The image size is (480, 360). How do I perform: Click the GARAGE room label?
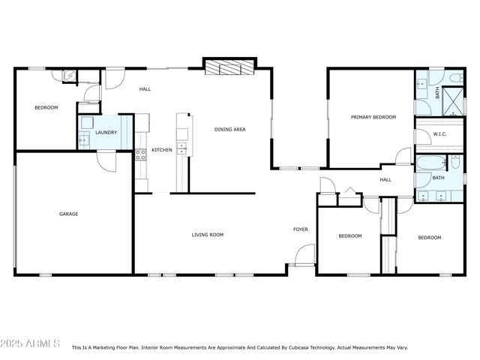pos(69,214)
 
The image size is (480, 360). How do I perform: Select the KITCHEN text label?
pos(162,150)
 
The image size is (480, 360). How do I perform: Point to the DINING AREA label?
pos(230,129)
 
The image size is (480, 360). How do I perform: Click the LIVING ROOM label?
pos(208,235)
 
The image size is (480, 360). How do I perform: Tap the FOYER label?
pos(300,229)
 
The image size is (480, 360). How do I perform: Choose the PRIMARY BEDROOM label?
pos(373,117)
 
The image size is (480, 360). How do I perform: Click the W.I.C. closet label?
pos(440,134)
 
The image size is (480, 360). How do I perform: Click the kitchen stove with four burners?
pos(139,155)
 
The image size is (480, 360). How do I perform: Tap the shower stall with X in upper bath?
pos(453,100)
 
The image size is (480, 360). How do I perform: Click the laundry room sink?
pos(84,139)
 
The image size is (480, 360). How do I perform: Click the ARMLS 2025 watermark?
pos(31,343)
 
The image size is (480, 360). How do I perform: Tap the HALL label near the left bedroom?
pos(145,89)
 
